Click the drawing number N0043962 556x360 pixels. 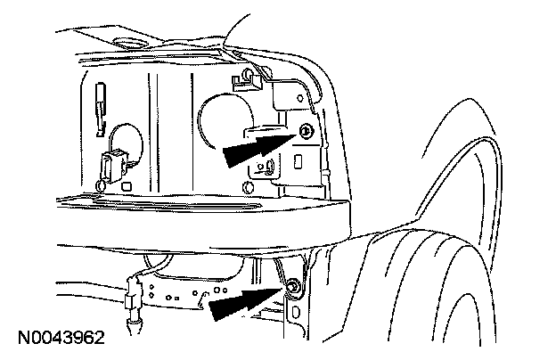(x=60, y=340)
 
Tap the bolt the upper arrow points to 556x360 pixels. (x=306, y=132)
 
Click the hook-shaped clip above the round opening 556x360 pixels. (x=241, y=81)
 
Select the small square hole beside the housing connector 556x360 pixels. (x=127, y=185)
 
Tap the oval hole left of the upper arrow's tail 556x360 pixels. (x=267, y=166)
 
